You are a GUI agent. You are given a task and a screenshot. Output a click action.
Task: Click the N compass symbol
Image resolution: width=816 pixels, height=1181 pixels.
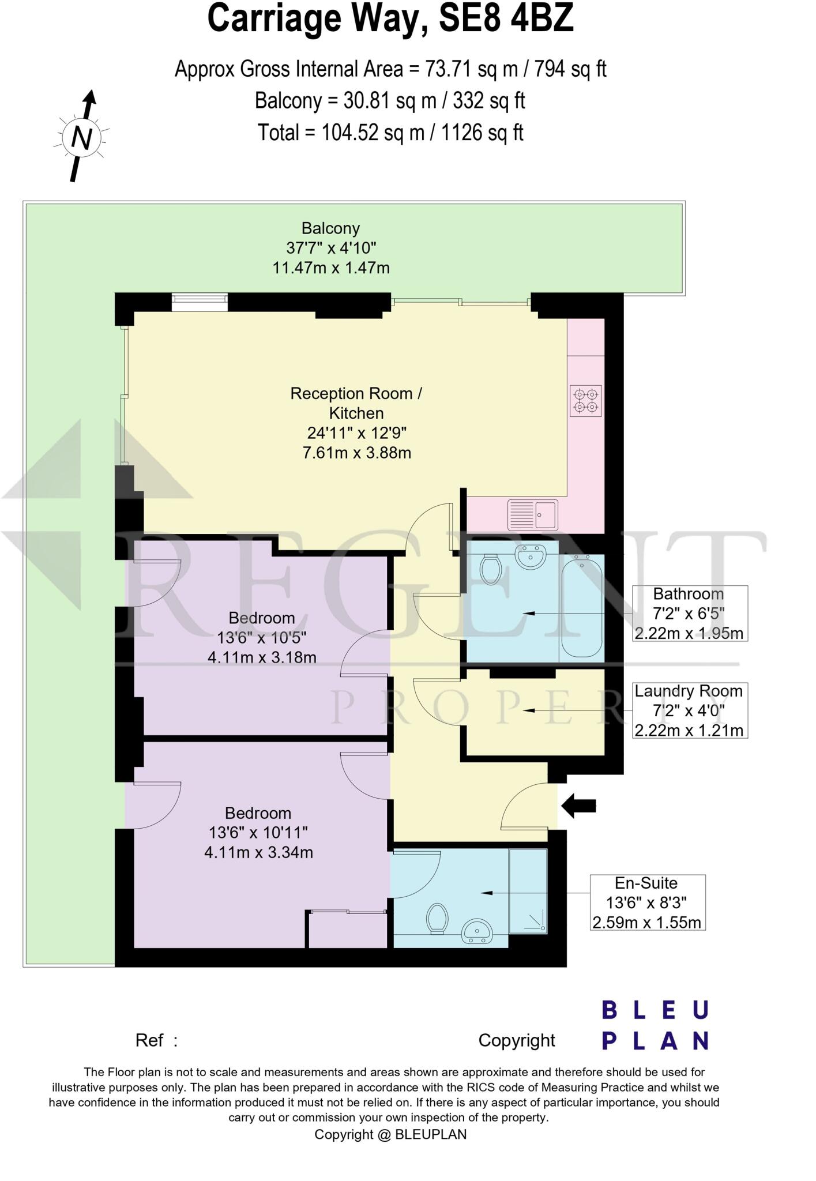(x=82, y=137)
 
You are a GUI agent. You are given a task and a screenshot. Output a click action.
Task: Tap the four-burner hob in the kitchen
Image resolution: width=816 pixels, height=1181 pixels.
(x=586, y=401)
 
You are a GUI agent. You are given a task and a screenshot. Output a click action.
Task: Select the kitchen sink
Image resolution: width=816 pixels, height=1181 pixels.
(x=533, y=514)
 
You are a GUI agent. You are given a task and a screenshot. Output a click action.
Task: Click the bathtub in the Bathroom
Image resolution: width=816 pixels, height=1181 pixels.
(x=582, y=605)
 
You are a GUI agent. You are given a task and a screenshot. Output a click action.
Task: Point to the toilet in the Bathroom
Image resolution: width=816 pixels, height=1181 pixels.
(x=491, y=569)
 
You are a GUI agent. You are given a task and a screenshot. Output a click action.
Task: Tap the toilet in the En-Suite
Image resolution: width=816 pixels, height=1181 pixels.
(x=438, y=917)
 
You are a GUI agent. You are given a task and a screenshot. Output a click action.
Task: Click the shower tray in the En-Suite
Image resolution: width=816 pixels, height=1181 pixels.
(x=528, y=891)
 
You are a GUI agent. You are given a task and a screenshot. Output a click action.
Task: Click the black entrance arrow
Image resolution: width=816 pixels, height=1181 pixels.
(x=578, y=806)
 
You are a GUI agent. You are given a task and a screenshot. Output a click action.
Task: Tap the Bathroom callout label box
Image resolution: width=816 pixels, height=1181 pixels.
(x=690, y=614)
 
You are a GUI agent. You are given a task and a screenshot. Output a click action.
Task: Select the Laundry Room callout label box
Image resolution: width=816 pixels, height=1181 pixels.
(x=690, y=710)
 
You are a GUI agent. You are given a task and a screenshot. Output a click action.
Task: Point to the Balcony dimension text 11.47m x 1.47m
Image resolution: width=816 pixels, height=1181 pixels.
(x=331, y=268)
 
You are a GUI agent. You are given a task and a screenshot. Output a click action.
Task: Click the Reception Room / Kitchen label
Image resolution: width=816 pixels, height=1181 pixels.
(x=356, y=403)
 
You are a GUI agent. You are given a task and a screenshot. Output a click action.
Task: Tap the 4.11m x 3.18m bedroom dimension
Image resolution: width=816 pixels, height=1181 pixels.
(x=262, y=657)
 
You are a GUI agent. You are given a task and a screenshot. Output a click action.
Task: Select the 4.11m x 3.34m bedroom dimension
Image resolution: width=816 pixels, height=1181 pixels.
(x=258, y=852)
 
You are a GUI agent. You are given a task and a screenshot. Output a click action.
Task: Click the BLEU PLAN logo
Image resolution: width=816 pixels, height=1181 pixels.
(x=655, y=1026)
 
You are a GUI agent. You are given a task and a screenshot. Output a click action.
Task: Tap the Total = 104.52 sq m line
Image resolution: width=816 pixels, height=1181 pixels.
(x=390, y=133)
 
